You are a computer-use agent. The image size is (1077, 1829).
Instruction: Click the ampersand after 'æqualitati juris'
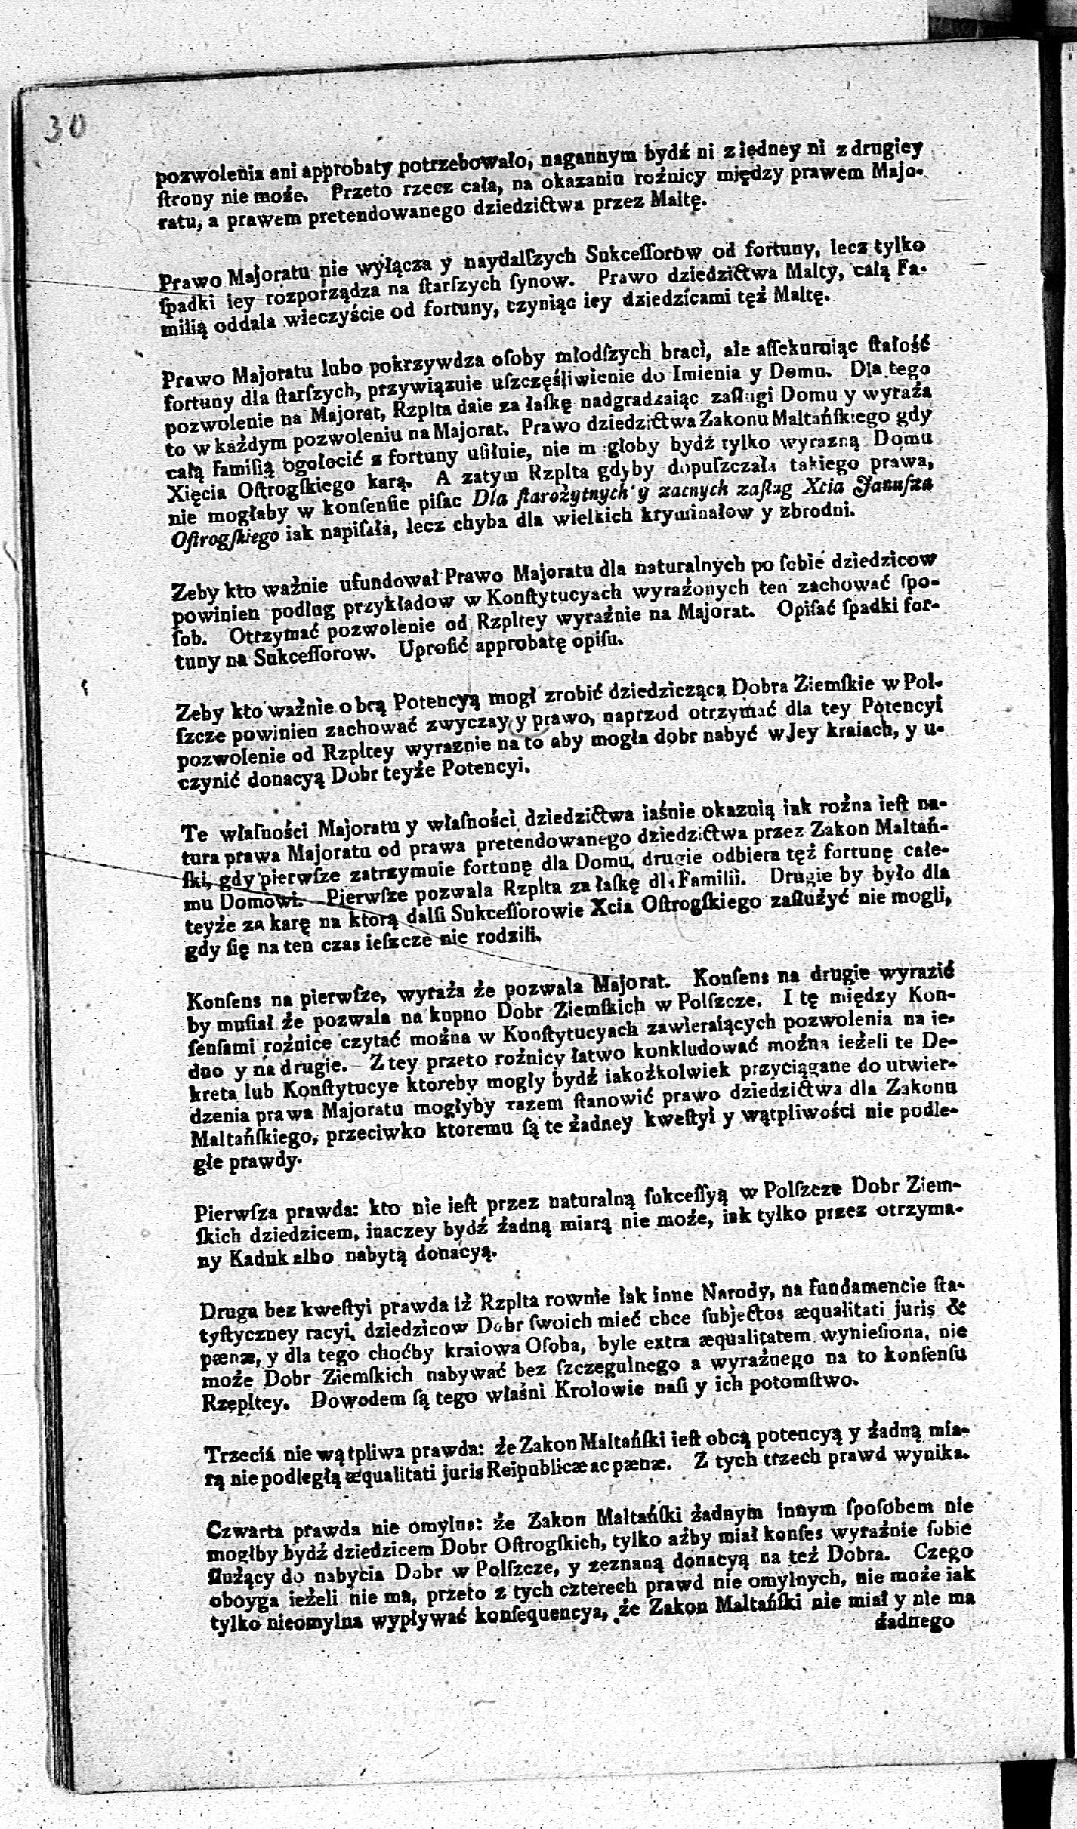pyautogui.click(x=958, y=1307)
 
